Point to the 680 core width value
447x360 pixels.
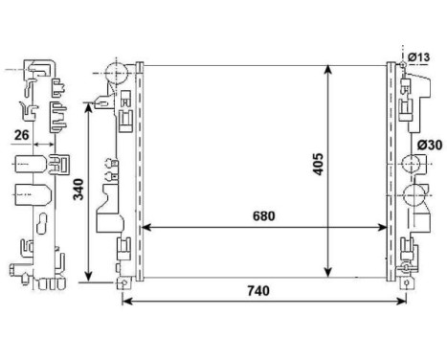[x=264, y=216]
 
